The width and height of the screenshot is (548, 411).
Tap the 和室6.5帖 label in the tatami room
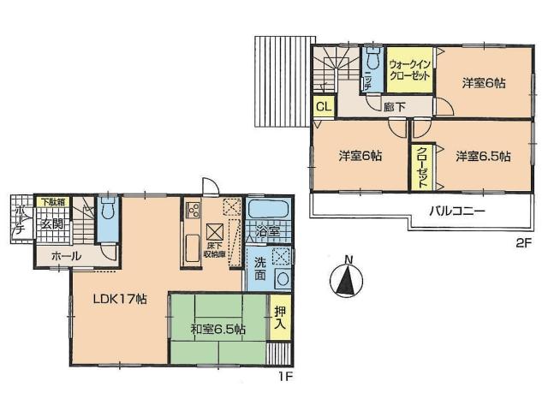[217, 329]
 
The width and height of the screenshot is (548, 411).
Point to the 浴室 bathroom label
[268, 232]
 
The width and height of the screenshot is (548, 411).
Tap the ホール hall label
[66, 256]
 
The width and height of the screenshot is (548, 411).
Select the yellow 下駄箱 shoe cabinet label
[51, 202]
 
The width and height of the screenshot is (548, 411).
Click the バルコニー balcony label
[456, 211]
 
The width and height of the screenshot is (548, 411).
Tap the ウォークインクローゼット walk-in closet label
[410, 68]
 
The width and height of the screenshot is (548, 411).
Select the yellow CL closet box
[323, 106]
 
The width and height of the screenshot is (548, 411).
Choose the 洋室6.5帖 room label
[483, 157]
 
